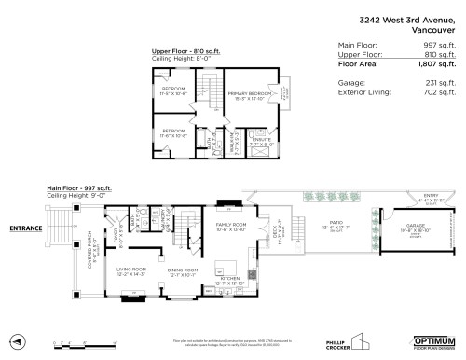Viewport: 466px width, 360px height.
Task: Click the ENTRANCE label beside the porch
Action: point(27,228)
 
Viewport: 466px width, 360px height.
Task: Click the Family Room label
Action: point(231,226)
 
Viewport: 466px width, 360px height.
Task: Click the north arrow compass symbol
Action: point(17,340)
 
